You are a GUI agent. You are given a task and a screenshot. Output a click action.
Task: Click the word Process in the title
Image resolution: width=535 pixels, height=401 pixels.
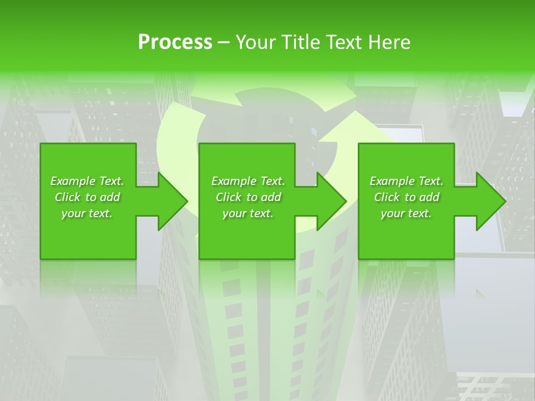click(x=175, y=42)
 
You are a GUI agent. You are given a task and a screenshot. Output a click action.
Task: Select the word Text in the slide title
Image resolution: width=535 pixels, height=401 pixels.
click(x=345, y=42)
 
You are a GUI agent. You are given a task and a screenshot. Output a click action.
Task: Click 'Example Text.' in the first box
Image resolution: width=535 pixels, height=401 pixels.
click(x=87, y=181)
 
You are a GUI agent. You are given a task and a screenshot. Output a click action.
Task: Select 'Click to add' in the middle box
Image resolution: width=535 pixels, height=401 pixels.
click(x=248, y=197)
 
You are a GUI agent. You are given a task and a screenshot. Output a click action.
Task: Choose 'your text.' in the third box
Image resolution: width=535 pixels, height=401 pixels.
click(x=406, y=213)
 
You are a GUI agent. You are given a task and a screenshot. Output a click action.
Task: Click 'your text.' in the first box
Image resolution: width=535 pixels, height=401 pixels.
click(x=87, y=213)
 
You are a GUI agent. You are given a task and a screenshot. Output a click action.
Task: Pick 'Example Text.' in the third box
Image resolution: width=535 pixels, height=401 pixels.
click(x=406, y=181)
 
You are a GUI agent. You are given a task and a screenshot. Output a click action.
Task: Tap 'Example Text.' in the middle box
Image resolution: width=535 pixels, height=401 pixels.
click(x=248, y=181)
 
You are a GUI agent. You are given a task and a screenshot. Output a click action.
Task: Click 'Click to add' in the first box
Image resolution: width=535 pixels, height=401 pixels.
click(x=87, y=197)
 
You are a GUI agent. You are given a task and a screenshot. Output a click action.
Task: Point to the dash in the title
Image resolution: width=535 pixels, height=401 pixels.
click(x=224, y=42)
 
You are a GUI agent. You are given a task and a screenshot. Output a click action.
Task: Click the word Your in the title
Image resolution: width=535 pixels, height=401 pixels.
click(x=256, y=42)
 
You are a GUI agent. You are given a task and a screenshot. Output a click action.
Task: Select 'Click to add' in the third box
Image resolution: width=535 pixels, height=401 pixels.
click(x=406, y=197)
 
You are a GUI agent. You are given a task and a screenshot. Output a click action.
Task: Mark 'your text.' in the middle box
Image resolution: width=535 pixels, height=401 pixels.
click(x=248, y=213)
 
